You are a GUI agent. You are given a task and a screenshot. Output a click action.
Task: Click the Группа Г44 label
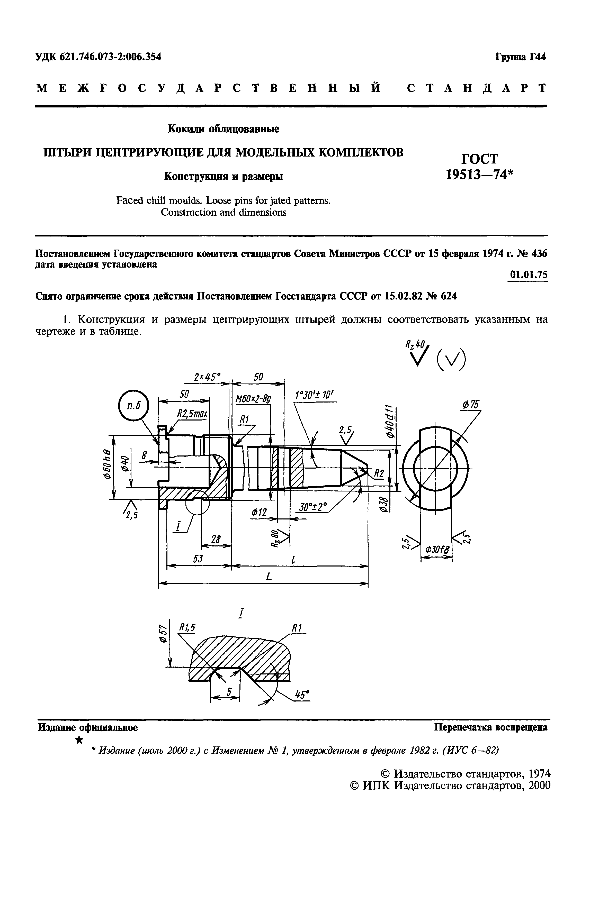pos(521,57)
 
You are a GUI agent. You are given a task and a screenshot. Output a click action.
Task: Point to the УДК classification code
pos(98,57)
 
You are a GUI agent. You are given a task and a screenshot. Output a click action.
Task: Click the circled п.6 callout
pos(133,406)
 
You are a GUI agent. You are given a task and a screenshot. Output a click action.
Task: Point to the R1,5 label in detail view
pos(187,628)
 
